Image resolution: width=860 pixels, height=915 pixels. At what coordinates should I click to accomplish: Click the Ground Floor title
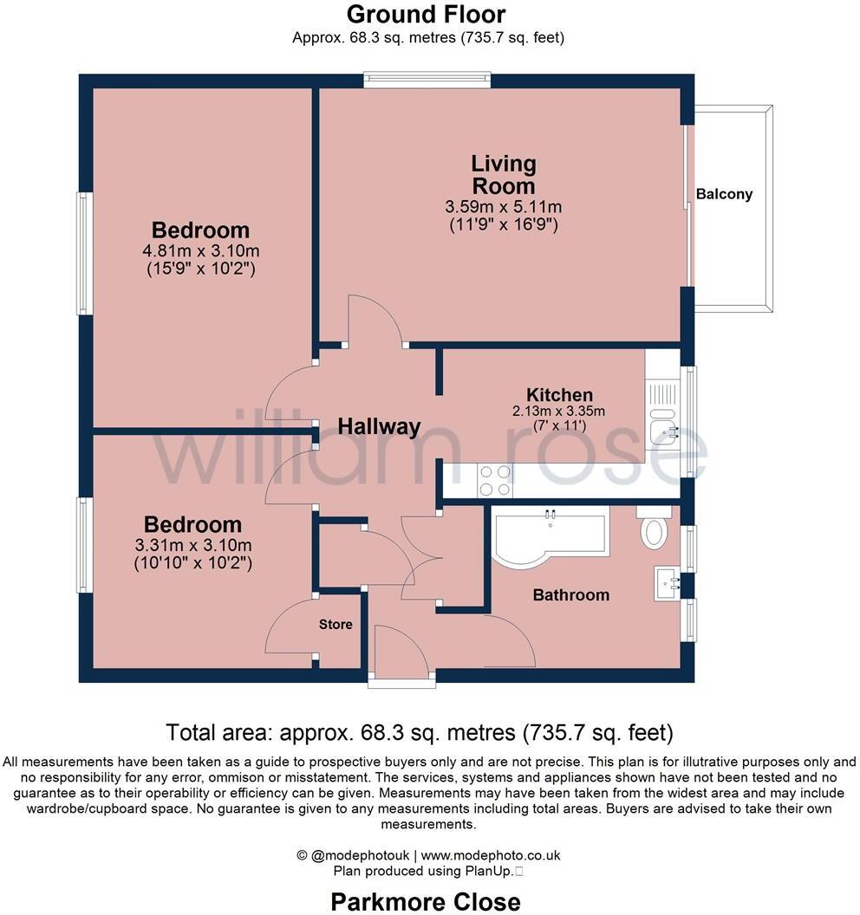tap(426, 15)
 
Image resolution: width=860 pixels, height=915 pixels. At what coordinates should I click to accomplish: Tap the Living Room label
tap(503, 174)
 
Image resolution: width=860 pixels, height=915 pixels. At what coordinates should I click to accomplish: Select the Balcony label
tap(724, 194)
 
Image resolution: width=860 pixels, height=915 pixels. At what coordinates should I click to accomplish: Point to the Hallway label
tap(378, 426)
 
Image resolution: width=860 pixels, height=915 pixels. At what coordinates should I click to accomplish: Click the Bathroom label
tap(570, 595)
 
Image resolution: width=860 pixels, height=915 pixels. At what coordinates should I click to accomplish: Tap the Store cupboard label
tap(336, 624)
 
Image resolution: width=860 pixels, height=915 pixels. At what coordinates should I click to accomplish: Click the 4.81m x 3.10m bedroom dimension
tap(201, 251)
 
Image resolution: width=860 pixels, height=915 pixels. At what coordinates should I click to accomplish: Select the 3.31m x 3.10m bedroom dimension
tap(193, 545)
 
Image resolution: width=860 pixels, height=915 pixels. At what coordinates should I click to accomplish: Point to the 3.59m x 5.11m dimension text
tap(503, 207)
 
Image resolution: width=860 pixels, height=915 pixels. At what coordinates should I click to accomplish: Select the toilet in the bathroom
tap(654, 528)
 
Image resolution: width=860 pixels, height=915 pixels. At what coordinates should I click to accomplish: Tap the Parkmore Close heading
tap(426, 901)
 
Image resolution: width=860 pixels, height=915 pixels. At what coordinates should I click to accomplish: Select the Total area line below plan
tap(419, 733)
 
